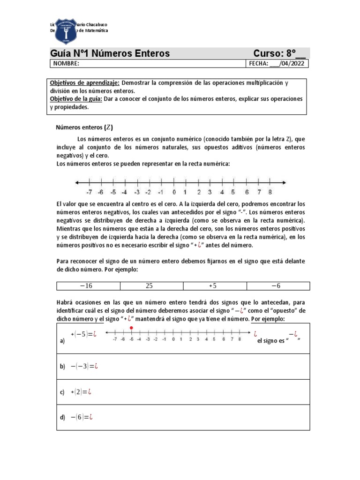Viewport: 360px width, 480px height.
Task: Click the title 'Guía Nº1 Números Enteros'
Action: pyautogui.click(x=110, y=53)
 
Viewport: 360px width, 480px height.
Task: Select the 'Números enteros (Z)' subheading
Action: pyautogui.click(x=84, y=127)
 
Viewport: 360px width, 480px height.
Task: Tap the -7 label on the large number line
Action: pyautogui.click(x=89, y=192)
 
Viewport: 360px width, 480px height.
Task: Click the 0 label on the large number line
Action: pyautogui.click(x=174, y=192)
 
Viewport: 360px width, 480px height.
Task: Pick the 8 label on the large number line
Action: pyautogui.click(x=270, y=192)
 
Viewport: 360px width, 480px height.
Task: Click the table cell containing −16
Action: pyautogui.click(x=88, y=286)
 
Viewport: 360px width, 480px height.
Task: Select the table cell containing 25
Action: pyautogui.click(x=152, y=286)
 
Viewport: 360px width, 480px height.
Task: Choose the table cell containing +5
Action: pyautogui.click(x=215, y=286)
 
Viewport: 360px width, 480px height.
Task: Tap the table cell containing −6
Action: pyautogui.click(x=278, y=286)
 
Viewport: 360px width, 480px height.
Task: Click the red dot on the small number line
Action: pyautogui.click(x=131, y=328)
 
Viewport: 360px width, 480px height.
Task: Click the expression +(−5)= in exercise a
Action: pyautogui.click(x=83, y=334)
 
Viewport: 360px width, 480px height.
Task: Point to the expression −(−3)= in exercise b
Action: pyautogui.click(x=81, y=366)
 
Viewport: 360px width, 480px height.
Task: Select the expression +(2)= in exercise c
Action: pyautogui.click(x=80, y=392)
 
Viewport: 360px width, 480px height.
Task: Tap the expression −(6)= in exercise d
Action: pyautogui.click(x=80, y=418)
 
